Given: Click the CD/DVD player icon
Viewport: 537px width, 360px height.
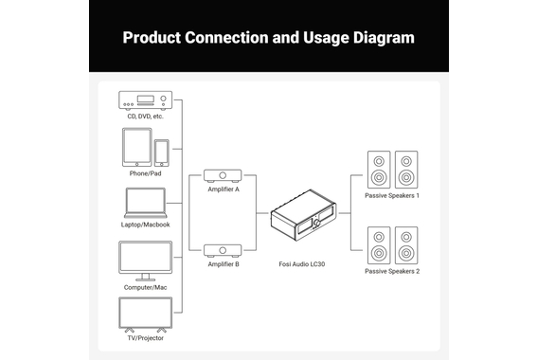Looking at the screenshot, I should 145,100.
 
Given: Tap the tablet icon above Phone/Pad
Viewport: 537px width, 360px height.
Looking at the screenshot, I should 137,148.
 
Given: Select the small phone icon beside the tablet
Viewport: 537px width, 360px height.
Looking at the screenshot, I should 161,153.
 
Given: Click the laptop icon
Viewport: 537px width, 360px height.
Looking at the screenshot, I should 145,203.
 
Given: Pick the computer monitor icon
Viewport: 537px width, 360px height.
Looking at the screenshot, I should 145,259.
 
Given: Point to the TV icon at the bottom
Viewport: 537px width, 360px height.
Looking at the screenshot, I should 145,315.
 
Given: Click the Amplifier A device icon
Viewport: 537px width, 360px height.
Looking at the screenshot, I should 223,176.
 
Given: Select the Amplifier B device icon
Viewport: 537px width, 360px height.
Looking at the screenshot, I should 223,251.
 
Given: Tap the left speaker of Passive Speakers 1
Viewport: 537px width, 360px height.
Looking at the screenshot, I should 379,169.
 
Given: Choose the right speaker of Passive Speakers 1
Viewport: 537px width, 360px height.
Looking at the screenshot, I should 405,169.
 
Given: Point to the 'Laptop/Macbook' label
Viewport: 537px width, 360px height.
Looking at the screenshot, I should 146,225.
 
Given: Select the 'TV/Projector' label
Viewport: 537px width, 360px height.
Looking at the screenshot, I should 145,337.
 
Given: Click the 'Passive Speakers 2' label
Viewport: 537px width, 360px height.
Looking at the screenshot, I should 392,271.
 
